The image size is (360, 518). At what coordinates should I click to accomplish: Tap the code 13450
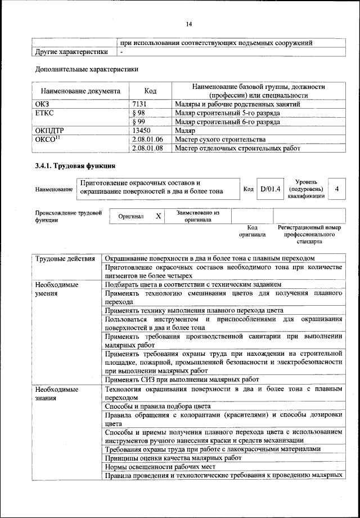(x=142, y=131)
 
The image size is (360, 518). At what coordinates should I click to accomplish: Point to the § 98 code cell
(x=138, y=113)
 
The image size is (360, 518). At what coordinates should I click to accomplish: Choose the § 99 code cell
(x=138, y=122)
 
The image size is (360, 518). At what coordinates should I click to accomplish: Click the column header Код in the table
(x=150, y=91)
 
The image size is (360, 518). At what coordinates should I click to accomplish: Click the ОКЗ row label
(x=42, y=104)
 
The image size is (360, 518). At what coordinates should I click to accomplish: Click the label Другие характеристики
(x=71, y=52)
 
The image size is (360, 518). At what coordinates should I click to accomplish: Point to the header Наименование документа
(x=80, y=91)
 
